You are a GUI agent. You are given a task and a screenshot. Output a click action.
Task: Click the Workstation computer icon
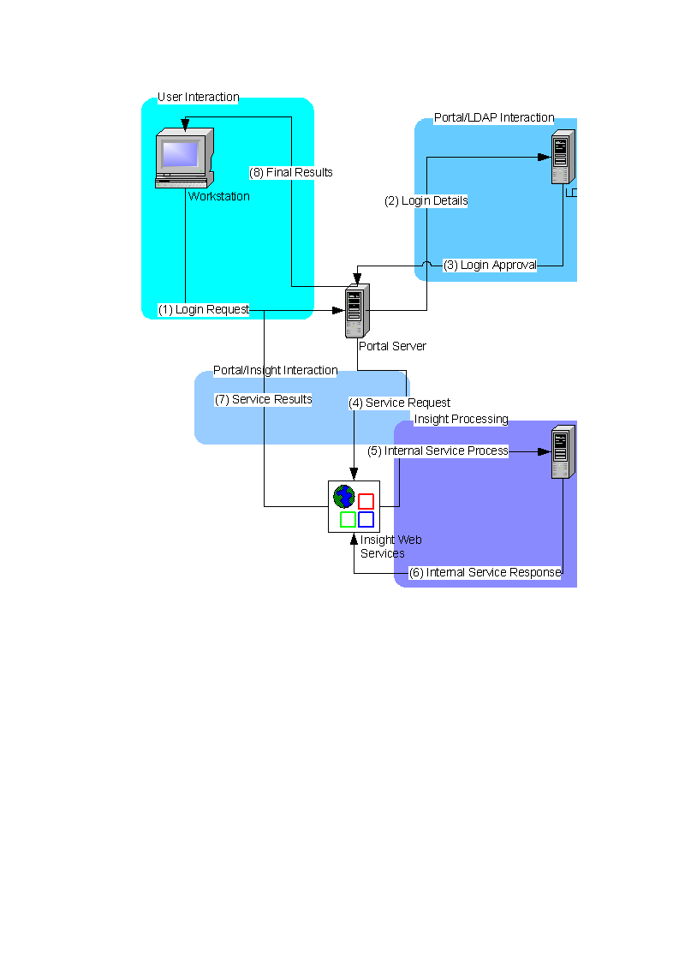182,158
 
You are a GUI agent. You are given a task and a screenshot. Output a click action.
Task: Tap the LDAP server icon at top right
562,157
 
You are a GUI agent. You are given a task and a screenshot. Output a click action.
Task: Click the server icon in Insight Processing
562,451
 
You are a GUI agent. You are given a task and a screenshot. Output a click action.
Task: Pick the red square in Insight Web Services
366,501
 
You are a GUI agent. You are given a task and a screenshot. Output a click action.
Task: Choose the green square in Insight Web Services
348,519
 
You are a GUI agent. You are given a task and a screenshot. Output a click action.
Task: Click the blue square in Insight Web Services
366,519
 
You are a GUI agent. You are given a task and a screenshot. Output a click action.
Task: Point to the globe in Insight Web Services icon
343,496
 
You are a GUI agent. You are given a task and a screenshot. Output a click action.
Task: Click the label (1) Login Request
204,309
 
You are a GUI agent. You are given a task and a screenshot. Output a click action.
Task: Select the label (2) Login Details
426,201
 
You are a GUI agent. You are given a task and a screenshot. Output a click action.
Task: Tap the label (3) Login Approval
490,266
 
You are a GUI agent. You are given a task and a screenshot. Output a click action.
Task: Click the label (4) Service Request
399,403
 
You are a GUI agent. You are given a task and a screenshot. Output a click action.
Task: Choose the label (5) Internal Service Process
438,451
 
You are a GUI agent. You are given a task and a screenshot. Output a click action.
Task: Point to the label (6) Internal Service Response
485,572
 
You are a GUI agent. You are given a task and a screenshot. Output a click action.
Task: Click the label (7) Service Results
263,399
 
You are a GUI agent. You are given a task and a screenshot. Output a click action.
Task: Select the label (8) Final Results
291,172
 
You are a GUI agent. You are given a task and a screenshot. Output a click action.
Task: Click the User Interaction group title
198,98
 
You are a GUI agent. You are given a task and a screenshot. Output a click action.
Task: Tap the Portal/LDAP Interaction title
493,118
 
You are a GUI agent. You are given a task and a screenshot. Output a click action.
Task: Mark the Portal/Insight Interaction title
275,370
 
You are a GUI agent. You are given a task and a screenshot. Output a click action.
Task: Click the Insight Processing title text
461,420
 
